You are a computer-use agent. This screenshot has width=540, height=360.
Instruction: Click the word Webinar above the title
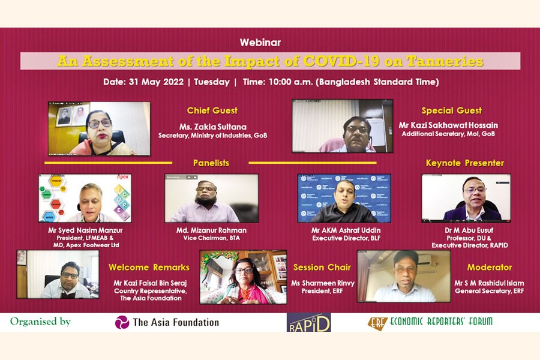[x=260, y=43]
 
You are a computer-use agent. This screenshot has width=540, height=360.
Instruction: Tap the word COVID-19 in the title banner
[x=341, y=61]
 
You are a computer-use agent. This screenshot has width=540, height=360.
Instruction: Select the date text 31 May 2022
[x=156, y=82]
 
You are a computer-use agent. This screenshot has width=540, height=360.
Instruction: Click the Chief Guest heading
[x=212, y=110]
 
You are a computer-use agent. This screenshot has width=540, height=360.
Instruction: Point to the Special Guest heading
[x=451, y=110]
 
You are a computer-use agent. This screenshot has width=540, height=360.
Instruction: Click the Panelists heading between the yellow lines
[x=211, y=163]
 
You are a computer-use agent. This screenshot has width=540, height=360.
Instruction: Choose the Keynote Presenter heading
[x=465, y=163]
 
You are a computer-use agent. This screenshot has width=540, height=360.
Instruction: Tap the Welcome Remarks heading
[x=149, y=268]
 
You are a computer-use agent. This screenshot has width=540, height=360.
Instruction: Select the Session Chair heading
[x=322, y=268]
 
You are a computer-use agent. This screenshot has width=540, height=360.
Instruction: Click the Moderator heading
[x=490, y=268]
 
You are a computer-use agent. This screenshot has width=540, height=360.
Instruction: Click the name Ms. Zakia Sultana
[x=213, y=127]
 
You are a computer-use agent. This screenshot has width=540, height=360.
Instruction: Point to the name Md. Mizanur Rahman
[x=211, y=230]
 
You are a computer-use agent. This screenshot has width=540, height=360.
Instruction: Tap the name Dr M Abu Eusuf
[x=469, y=230]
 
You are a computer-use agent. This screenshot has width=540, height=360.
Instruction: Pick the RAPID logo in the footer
[x=309, y=322]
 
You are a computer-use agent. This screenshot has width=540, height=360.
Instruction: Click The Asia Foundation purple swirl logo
[x=122, y=322]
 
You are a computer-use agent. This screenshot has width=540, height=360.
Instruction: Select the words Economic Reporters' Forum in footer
[x=441, y=322]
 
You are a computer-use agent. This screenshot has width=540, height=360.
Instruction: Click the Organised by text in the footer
[x=40, y=322]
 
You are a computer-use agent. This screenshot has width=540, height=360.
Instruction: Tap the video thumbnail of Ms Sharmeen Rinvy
[x=243, y=277]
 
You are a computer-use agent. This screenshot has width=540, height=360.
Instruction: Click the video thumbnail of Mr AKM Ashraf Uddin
[x=344, y=198]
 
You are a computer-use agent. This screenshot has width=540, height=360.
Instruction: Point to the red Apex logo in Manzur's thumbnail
[x=122, y=177]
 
